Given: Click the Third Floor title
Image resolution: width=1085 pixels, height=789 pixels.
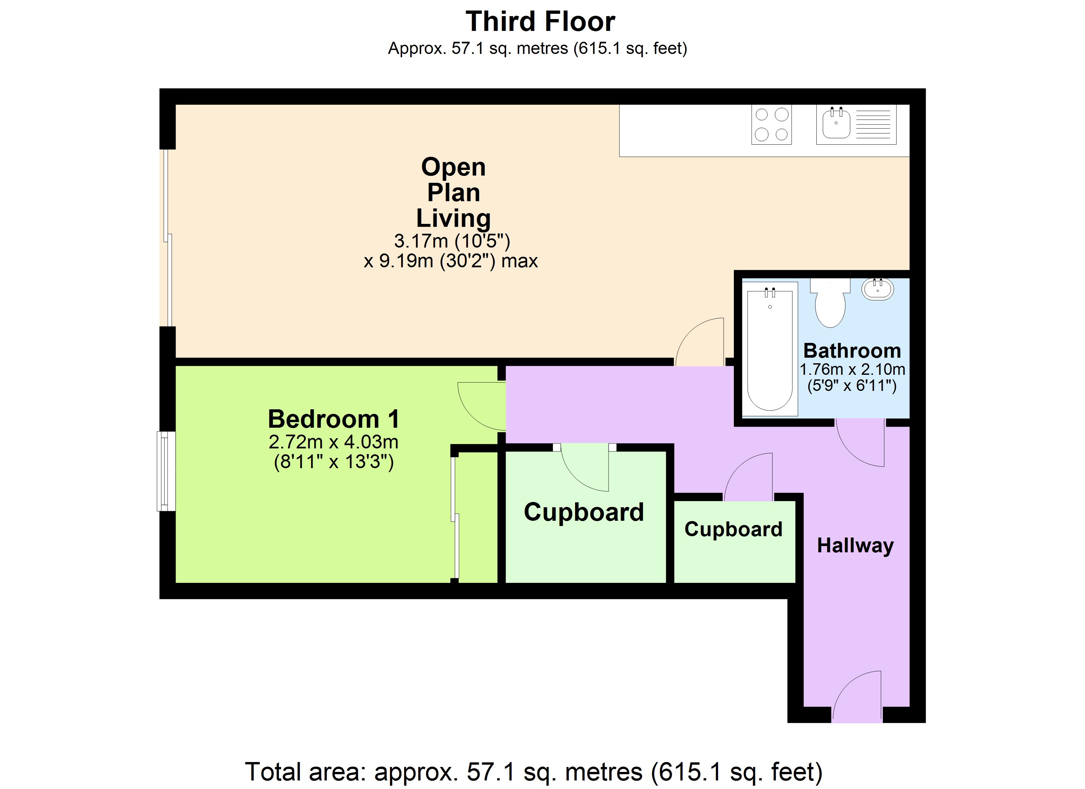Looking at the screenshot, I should pyautogui.click(x=540, y=22).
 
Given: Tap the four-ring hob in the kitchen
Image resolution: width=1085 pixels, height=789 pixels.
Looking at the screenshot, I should pyautogui.click(x=771, y=124).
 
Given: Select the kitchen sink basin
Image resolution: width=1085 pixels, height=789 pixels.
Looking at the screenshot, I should pyautogui.click(x=836, y=124).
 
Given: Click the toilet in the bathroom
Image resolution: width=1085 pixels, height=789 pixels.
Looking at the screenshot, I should pyautogui.click(x=830, y=304).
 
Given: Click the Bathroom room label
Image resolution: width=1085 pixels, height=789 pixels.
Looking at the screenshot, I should pyautogui.click(x=852, y=351).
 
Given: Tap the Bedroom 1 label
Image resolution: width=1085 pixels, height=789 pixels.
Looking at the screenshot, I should pyautogui.click(x=333, y=419).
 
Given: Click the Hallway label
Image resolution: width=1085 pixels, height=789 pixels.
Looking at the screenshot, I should pyautogui.click(x=856, y=545).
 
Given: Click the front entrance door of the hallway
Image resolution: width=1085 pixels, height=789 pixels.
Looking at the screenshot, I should pyautogui.click(x=856, y=697).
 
